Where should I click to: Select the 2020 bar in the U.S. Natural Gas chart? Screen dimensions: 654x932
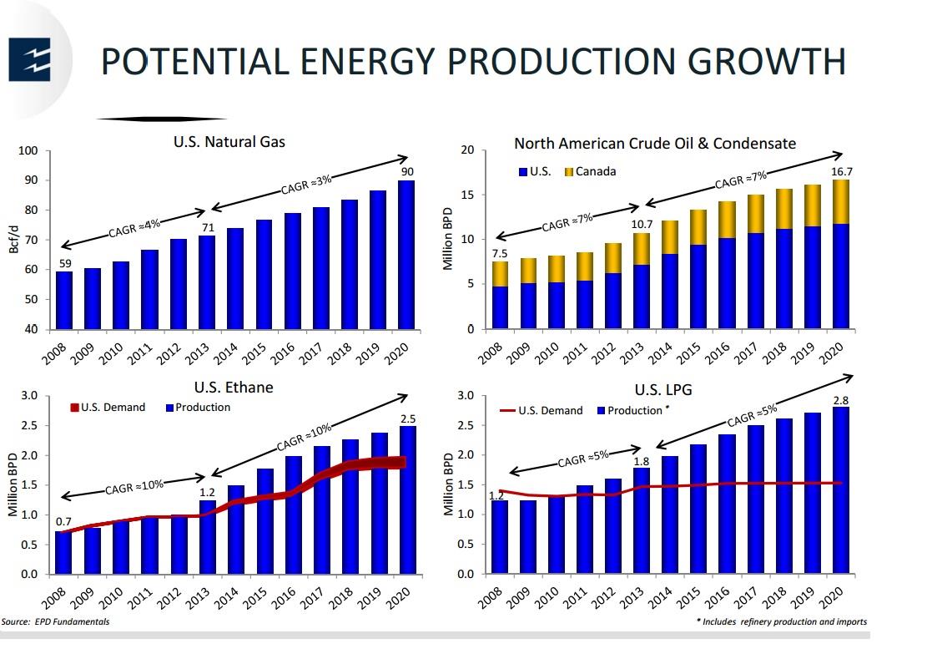coord(406,255)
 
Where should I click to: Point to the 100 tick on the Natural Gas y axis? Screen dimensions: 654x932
coord(28,151)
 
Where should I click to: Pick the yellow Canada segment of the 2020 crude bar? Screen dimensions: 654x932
coord(840,201)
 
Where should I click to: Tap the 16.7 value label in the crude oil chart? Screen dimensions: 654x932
coord(841,171)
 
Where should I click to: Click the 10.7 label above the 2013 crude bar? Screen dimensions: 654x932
coord(641,225)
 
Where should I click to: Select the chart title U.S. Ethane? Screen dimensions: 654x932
coord(234,388)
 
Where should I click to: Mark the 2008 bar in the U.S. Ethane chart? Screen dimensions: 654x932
coord(63,552)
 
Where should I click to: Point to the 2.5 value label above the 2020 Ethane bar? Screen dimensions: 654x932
coord(407,418)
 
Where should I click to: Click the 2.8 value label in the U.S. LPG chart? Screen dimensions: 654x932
coord(841,400)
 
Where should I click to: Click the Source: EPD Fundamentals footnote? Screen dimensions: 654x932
coord(55,621)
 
